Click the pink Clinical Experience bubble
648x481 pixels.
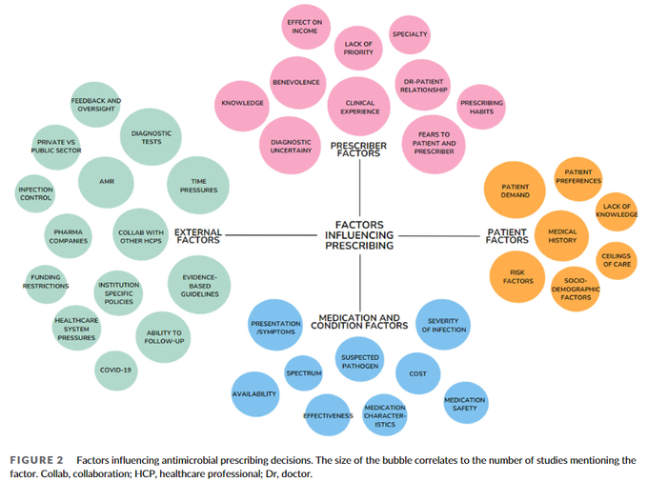pos(359,108)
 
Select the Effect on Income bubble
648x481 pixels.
pos(305,26)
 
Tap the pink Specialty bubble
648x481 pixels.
pos(410,34)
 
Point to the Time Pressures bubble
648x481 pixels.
pos(197,183)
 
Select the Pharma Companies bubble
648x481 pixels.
pos(69,235)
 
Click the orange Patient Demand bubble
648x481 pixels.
pos(515,189)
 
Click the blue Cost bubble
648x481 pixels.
pos(417,373)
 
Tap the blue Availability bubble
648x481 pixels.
pos(254,393)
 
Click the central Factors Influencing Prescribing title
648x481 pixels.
pos(359,233)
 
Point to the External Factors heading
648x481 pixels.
pos(197,234)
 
